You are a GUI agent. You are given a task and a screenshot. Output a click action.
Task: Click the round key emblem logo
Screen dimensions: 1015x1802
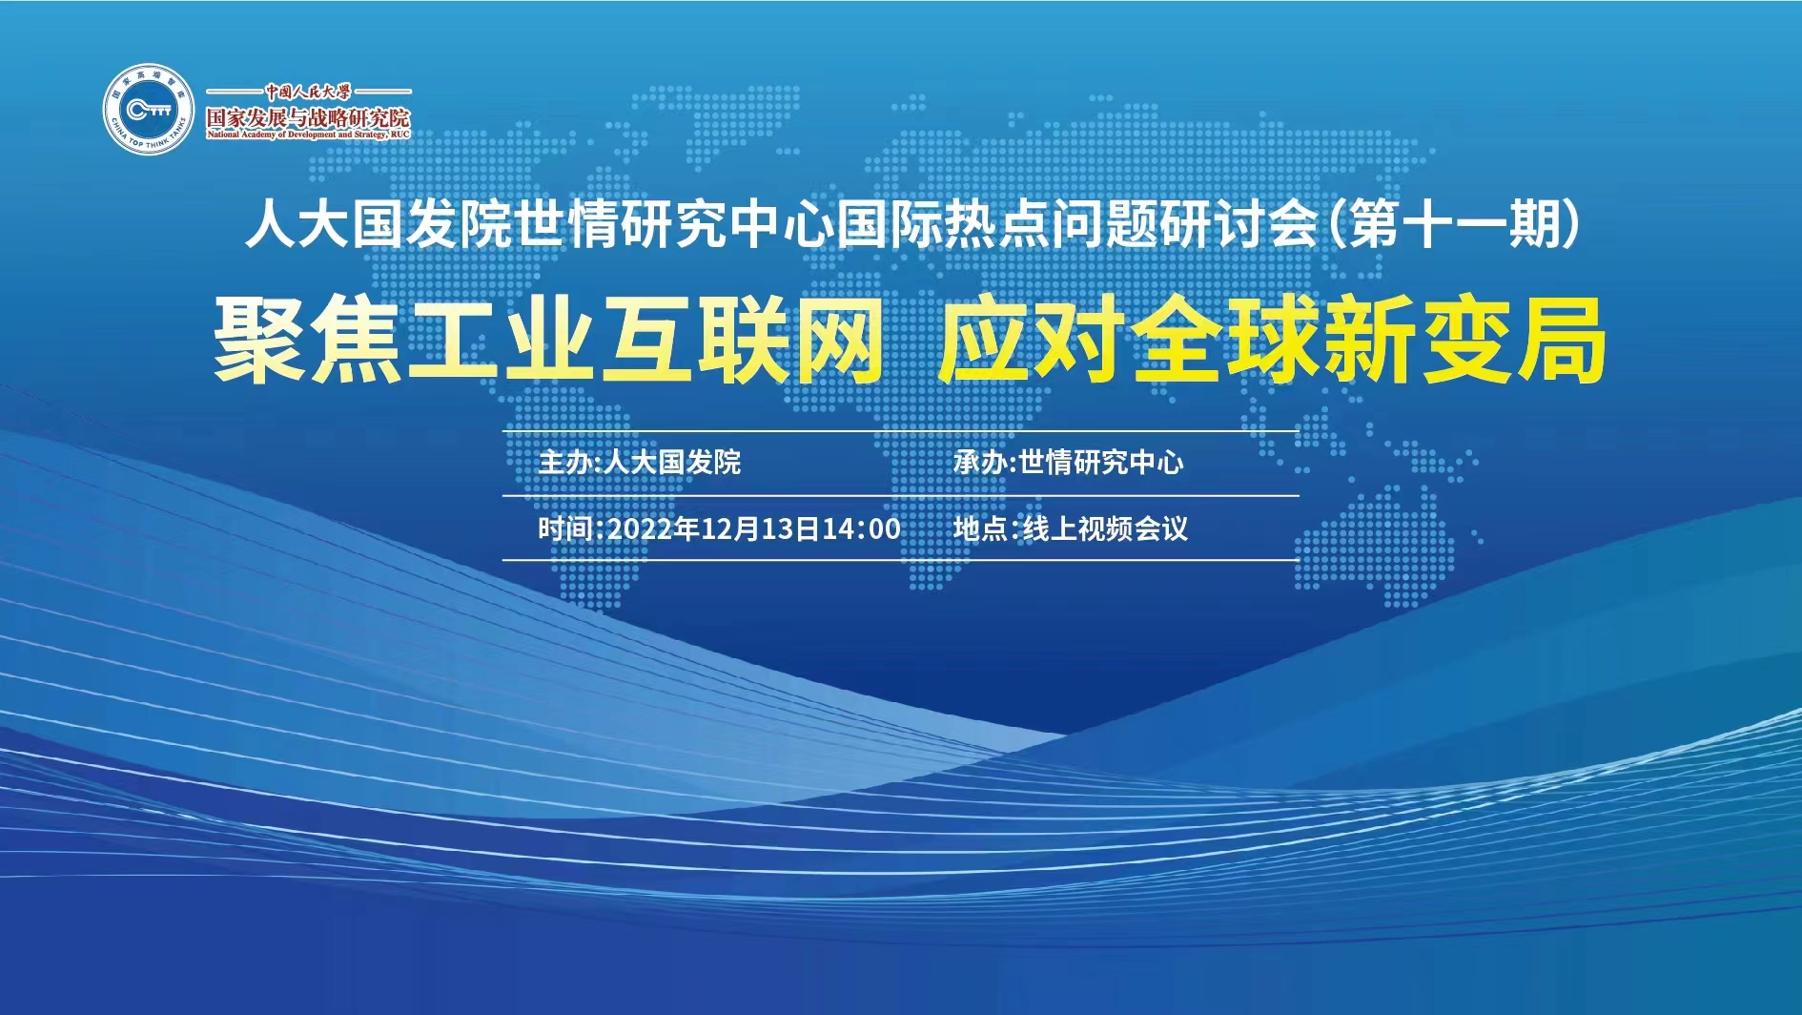[x=149, y=110]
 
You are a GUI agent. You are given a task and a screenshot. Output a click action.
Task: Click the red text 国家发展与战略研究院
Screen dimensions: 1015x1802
[x=308, y=117]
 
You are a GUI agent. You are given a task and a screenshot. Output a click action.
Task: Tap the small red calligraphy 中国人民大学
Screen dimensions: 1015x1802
[x=308, y=92]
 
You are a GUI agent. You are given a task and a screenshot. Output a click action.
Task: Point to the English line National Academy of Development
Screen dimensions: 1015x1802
[x=308, y=135]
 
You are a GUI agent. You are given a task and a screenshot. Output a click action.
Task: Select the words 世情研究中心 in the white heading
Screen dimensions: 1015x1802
[x=674, y=226]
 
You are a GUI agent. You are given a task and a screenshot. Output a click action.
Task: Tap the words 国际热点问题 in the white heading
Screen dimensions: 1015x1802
[x=997, y=226]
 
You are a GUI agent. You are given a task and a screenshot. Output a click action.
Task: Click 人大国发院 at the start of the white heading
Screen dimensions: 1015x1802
[x=379, y=226]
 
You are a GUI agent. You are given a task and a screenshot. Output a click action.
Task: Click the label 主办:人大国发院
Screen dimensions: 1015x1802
[x=639, y=463]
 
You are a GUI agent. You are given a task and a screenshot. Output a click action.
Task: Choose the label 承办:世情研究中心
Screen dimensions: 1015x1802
[x=1068, y=463]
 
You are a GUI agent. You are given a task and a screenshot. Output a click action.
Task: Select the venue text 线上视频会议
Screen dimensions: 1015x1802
[x=1105, y=528]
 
